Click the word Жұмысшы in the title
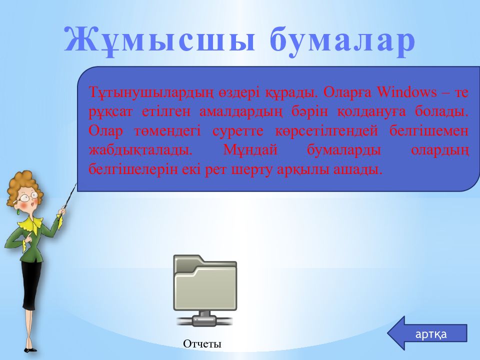pos(159,40)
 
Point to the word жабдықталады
pos(140,150)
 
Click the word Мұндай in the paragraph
pos(250,150)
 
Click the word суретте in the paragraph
pos(238,131)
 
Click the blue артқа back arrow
pos(427,333)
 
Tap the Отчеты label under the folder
pos(202,344)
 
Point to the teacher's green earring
pos(18,211)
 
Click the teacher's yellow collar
pos(30,224)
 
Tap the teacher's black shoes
pos(30,349)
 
